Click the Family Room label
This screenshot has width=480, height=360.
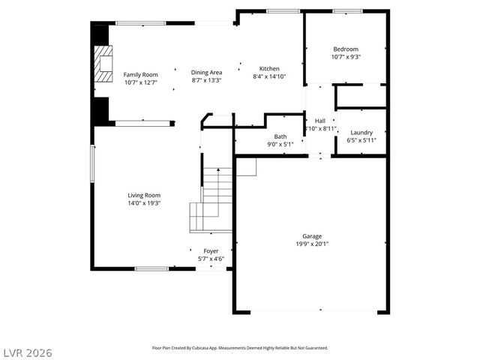140,74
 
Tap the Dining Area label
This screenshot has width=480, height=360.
206,72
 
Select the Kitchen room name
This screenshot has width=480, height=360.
269,68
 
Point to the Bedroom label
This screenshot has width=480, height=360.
345,49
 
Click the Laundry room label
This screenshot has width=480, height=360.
361,132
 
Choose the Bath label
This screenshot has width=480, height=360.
280,136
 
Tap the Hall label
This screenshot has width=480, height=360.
320,121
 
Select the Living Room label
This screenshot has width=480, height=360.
143,195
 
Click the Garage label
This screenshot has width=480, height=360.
312,235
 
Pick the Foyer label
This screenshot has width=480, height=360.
211,251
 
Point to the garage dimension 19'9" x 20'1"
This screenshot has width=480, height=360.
312,243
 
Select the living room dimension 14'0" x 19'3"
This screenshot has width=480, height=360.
143,202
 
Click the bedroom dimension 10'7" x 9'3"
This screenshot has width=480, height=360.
345,57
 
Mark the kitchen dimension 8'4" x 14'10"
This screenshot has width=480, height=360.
269,76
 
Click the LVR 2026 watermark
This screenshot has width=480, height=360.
27,352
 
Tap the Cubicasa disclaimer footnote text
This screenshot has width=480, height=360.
240,348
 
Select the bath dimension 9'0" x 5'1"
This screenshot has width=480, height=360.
280,144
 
